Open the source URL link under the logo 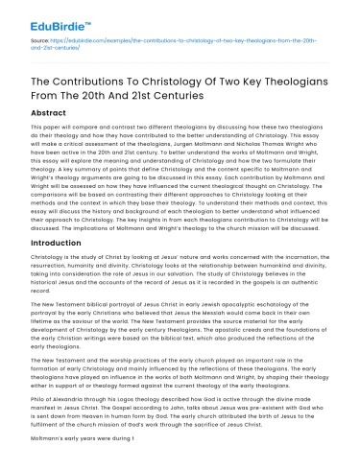pyautogui.click(x=182, y=41)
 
